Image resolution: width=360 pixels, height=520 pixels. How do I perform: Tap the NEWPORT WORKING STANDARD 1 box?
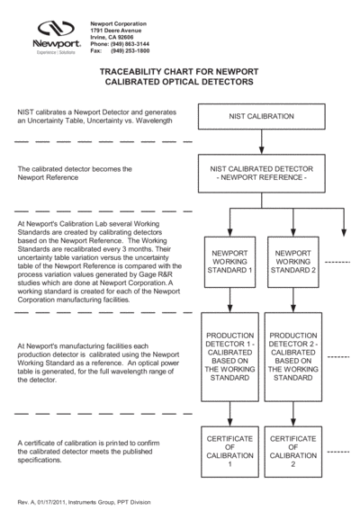point(229,261)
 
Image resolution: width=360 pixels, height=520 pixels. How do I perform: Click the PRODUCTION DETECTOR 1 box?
point(229,356)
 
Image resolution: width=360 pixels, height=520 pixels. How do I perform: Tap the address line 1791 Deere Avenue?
point(117,30)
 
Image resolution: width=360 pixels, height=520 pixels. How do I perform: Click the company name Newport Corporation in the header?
point(121,22)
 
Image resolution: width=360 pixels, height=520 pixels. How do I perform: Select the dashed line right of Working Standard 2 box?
point(335,261)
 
